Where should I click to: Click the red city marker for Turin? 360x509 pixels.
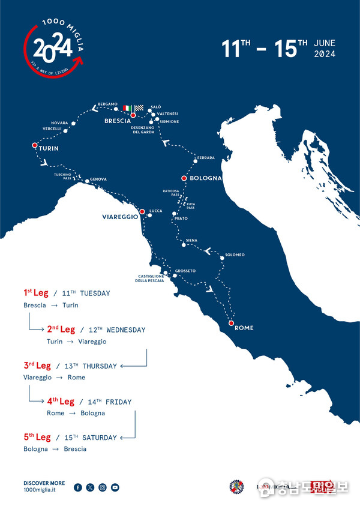[x=34, y=145]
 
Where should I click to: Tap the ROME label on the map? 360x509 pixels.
[x=244, y=328]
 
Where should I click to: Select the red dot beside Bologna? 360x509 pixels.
[x=184, y=178]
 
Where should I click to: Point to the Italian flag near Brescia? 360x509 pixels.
[x=127, y=108]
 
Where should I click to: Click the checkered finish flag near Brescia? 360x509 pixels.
[x=139, y=108]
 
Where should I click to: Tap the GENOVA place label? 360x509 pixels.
[x=98, y=179]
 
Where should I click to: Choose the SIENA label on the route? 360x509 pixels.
[x=191, y=240]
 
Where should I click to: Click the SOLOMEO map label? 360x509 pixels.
[x=235, y=254]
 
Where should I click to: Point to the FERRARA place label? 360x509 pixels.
[x=206, y=157]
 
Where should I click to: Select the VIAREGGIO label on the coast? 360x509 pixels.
[x=120, y=217]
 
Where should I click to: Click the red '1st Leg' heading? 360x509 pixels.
[x=37, y=293]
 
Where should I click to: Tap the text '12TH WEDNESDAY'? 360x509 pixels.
[x=116, y=330]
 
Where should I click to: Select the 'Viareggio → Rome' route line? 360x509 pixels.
[x=55, y=378]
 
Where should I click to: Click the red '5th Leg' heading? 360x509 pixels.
[x=37, y=437]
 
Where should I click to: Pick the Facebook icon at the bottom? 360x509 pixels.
[x=78, y=487]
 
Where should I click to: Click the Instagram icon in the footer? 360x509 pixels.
[x=103, y=487]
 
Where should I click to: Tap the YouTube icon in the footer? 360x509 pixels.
[x=115, y=487]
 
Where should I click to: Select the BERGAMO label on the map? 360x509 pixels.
[x=108, y=104]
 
